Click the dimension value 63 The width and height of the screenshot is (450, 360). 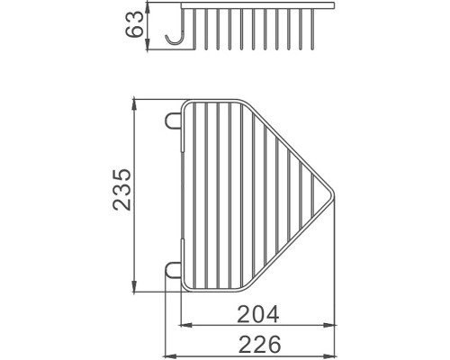pyautogui.click(x=134, y=24)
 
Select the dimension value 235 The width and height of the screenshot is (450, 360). pyautogui.click(x=121, y=190)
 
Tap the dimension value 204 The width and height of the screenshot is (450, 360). pyautogui.click(x=258, y=314)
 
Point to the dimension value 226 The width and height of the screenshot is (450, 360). pyautogui.click(x=260, y=344)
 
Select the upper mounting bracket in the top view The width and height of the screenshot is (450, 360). pyautogui.click(x=173, y=121)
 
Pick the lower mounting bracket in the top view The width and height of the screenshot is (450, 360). pyautogui.click(x=173, y=270)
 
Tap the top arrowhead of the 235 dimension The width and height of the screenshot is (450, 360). pyautogui.click(x=134, y=103)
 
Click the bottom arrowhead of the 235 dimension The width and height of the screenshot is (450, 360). pyautogui.click(x=134, y=286)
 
